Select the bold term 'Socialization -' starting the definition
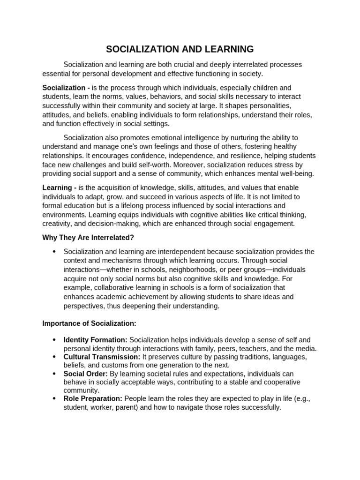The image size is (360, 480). point(66,88)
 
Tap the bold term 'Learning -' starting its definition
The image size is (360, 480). point(60,188)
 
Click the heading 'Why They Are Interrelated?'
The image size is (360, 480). point(88,238)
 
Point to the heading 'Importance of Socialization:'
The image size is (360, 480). point(89,323)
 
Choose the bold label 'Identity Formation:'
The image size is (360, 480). point(95,339)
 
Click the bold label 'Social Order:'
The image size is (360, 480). point(85,374)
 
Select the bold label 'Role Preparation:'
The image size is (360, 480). point(93,398)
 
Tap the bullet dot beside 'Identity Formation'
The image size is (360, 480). point(54,340)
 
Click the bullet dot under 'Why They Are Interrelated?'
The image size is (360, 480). point(54,252)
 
